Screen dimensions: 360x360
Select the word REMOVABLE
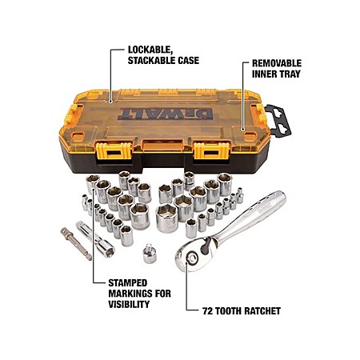(x=277, y=63)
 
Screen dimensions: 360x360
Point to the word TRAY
(x=289, y=74)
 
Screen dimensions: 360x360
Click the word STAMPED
(x=128, y=283)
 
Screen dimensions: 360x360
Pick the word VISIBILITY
(x=129, y=304)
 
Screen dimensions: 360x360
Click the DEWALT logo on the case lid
(x=166, y=114)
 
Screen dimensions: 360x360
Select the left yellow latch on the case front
(x=114, y=151)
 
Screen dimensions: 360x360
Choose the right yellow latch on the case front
(x=211, y=151)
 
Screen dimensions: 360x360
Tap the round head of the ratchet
(x=190, y=258)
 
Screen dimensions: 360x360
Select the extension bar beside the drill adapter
(x=95, y=239)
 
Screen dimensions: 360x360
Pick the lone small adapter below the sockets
(x=150, y=254)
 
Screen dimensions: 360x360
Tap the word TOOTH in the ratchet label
(x=229, y=311)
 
